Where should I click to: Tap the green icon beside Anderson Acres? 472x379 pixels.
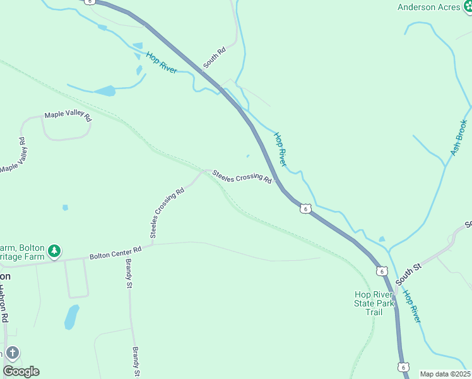point(466,7)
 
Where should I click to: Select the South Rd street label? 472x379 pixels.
point(215,59)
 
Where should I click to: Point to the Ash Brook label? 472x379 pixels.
point(459,138)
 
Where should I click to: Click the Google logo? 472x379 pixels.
point(21,371)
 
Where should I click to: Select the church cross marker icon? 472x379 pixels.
point(13,353)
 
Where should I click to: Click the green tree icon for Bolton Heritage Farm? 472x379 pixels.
point(55,251)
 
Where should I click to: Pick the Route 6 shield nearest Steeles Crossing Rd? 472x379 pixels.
point(305,208)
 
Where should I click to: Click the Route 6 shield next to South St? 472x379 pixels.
point(382,271)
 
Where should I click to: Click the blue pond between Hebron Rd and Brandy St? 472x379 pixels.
point(72,316)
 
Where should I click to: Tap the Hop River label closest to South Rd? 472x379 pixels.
point(162,63)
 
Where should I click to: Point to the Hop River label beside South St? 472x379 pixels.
point(411,307)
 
